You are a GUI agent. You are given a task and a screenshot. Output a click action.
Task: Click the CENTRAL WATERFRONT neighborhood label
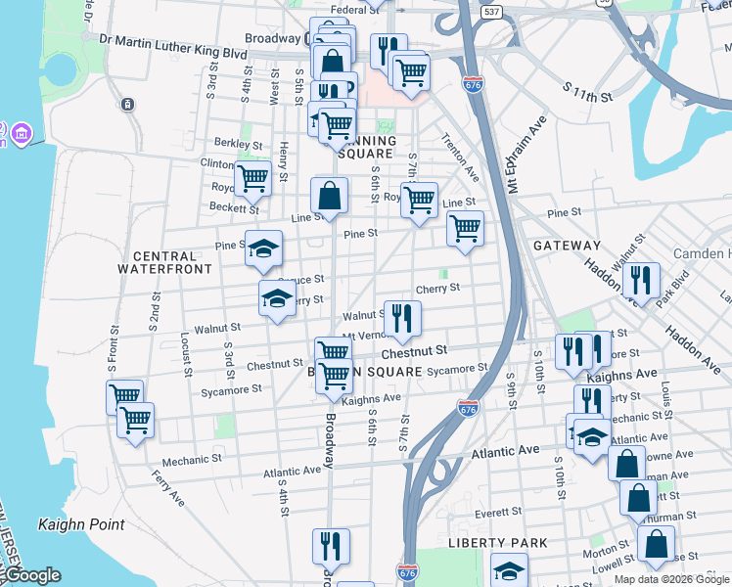pyautogui.click(x=164, y=261)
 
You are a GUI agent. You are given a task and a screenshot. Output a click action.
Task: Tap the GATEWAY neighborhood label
pyautogui.click(x=567, y=246)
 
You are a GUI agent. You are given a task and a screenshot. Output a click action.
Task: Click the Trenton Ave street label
pyautogui.click(x=460, y=157)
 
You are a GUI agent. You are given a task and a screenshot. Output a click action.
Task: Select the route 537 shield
pyautogui.click(x=492, y=12)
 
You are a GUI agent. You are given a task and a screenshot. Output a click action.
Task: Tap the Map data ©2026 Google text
pyautogui.click(x=671, y=579)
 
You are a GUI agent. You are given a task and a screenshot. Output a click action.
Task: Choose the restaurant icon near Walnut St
pyautogui.click(x=402, y=318)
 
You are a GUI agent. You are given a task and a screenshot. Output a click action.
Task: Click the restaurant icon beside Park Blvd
pyautogui.click(x=641, y=280)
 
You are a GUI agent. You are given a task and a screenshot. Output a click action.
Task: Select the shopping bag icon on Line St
pyautogui.click(x=330, y=195)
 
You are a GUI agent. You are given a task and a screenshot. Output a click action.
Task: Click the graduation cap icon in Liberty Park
pyautogui.click(x=509, y=569)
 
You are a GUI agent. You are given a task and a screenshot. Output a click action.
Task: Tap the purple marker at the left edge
pyautogui.click(x=22, y=132)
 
